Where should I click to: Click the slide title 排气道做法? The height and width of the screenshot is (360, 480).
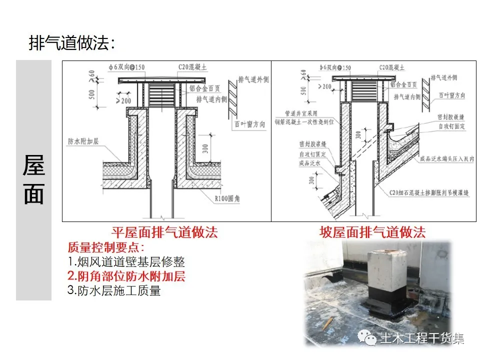[x=72, y=43]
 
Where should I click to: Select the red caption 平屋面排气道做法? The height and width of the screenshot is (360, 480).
[x=164, y=232]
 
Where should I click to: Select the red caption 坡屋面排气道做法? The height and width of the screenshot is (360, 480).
[x=372, y=232]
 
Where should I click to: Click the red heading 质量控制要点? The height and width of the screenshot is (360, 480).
[x=105, y=247]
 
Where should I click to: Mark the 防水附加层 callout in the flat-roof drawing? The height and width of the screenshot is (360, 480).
[x=83, y=141]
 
